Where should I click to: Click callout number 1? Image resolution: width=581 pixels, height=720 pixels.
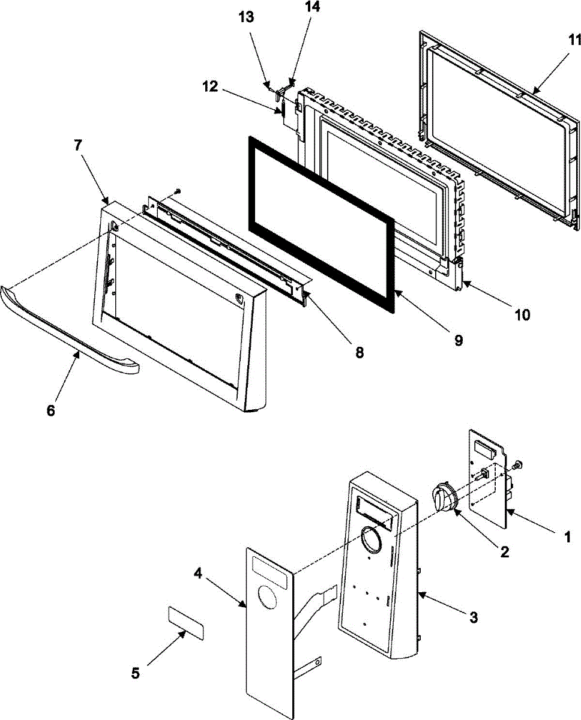pos(567,538)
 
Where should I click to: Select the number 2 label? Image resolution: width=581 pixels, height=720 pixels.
pos(504,551)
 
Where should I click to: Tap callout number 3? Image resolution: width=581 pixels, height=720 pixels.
pos(474,617)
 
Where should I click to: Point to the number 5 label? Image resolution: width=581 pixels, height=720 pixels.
pos(136,673)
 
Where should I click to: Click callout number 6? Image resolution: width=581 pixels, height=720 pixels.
pos(50,410)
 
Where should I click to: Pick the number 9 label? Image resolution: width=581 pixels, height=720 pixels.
pos(458,340)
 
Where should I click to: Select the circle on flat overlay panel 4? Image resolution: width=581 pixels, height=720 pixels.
pos(268,601)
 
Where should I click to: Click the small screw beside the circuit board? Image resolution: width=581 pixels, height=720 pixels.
pos(519,464)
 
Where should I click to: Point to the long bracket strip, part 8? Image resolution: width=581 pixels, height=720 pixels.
pos(228,246)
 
